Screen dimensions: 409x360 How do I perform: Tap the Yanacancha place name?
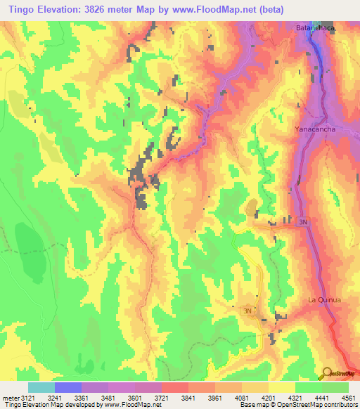(x=314, y=130)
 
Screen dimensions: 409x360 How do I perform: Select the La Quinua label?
(x=324, y=300)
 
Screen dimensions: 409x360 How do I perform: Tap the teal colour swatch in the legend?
(x=41, y=387)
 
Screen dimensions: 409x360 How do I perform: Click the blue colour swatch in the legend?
(x=68, y=387)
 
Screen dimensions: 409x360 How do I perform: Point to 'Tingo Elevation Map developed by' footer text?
(x=52, y=405)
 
